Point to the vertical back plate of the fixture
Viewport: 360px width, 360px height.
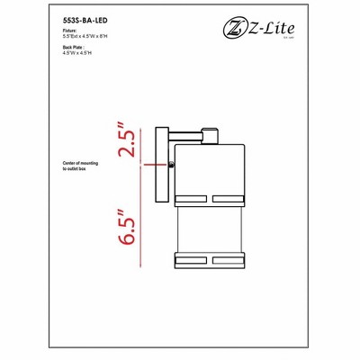coord(163,166)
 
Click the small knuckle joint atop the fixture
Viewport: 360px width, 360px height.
coord(211,137)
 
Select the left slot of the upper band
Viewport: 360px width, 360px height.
coord(193,197)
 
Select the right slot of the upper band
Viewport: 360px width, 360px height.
coord(229,197)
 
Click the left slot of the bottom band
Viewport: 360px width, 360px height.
coord(193,259)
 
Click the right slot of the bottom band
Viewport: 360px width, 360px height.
coord(229,259)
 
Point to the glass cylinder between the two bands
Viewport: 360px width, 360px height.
coord(211,229)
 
